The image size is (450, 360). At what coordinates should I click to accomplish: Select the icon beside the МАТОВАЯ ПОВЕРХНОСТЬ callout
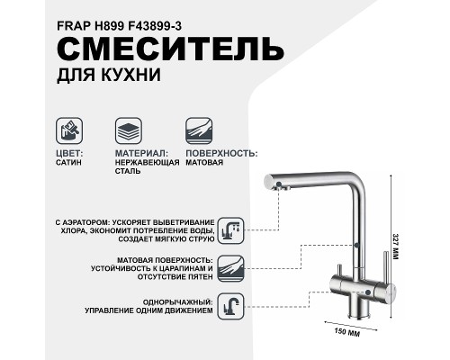pyautogui.click(x=231, y=267)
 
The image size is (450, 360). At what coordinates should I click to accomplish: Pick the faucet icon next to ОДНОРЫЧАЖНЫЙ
pyautogui.click(x=231, y=305)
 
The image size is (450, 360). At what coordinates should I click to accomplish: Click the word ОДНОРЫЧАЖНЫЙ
pyautogui.click(x=179, y=301)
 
